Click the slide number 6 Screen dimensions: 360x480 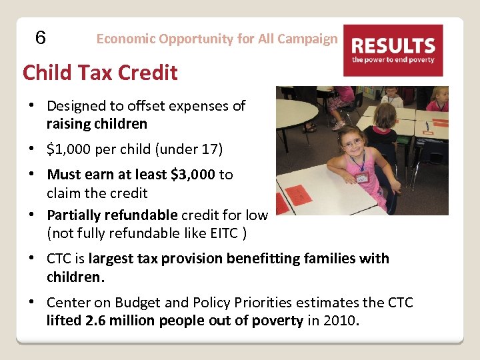(40, 39)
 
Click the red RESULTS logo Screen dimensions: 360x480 (393, 50)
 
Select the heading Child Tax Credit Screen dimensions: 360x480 (100, 72)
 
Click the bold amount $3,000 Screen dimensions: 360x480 (193, 175)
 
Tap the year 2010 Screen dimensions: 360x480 (341, 321)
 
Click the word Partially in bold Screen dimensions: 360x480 (75, 215)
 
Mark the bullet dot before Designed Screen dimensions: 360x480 (31, 105)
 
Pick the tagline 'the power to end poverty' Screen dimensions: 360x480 (393, 60)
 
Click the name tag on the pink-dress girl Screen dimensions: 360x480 (361, 177)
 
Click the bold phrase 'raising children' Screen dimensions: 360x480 (97, 124)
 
